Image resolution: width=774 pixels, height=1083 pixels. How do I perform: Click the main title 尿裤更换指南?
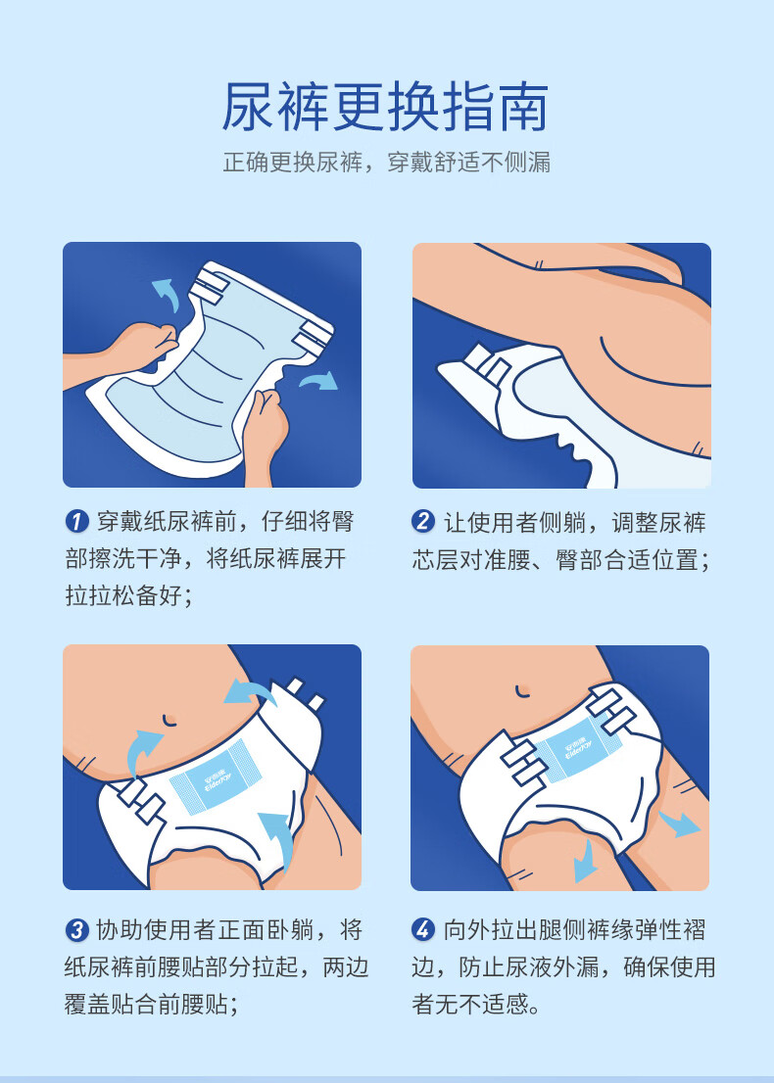point(385,107)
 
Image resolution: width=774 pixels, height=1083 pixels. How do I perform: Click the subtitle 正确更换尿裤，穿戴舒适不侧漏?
point(386,163)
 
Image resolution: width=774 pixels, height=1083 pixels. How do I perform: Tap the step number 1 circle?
point(76,522)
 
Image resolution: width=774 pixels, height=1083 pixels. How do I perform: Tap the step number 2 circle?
point(423,522)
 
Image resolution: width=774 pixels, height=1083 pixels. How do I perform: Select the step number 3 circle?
point(76,929)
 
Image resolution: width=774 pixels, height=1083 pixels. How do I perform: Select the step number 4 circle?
point(423,929)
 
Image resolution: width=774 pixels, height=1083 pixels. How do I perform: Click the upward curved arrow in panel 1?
point(166,294)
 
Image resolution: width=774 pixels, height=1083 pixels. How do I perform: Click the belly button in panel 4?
point(523,691)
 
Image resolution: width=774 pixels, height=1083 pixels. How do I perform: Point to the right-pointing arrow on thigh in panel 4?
point(679,824)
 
